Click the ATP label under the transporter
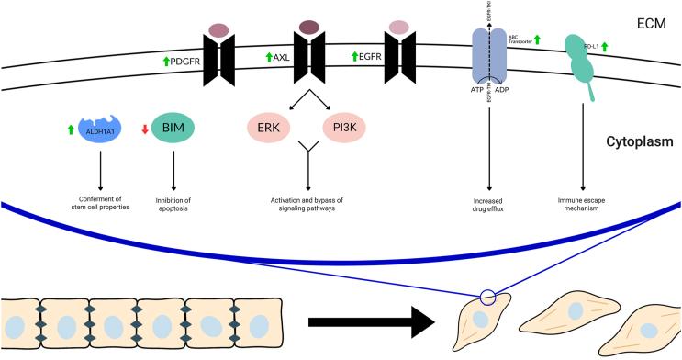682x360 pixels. tap(476, 93)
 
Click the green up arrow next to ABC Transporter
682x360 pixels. tap(538, 39)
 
